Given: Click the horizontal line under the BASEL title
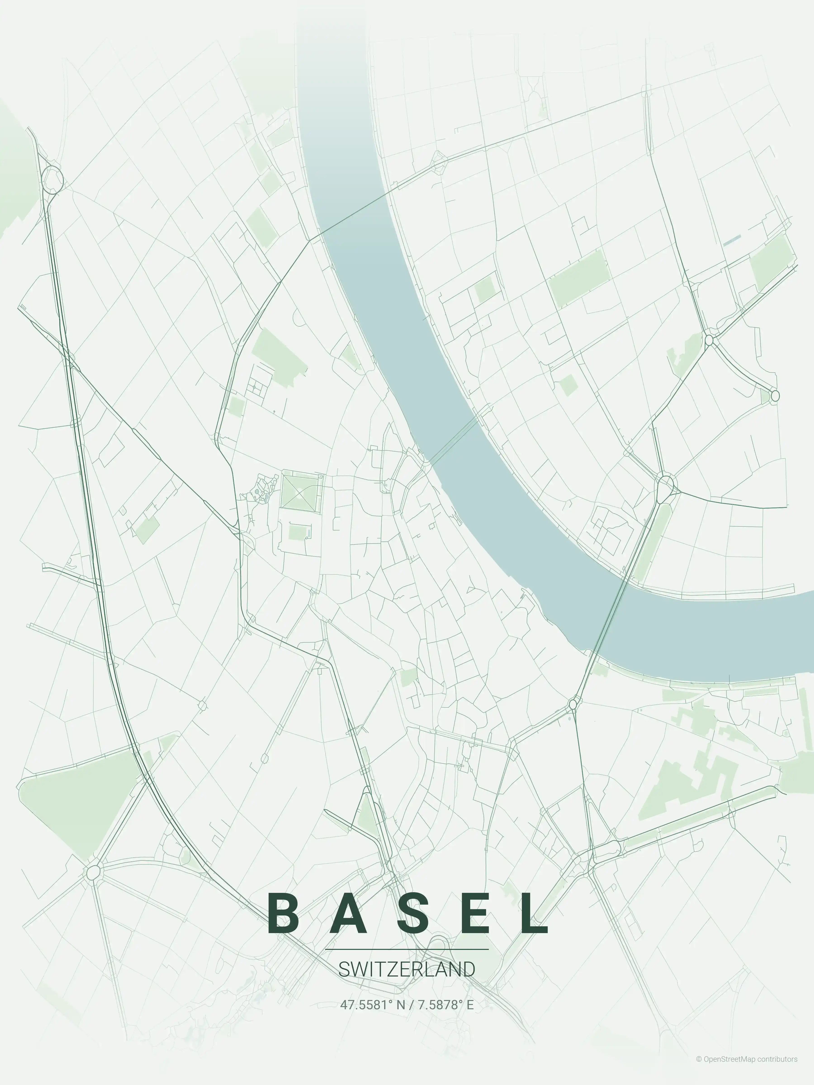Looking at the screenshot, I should (407, 949).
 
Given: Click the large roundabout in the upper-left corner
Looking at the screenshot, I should (52, 179).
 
